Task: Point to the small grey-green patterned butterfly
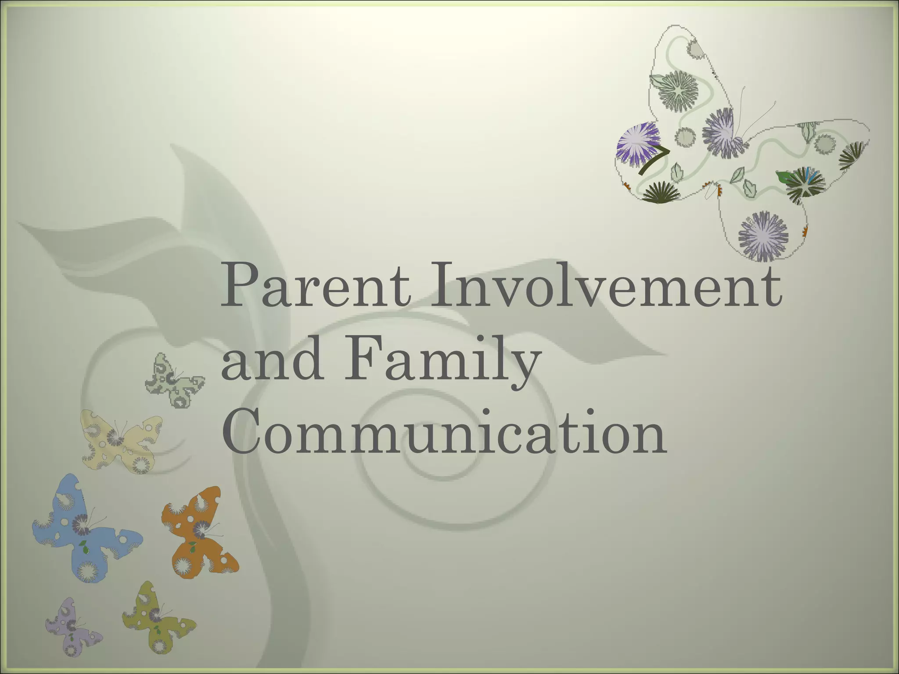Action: point(174,380)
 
